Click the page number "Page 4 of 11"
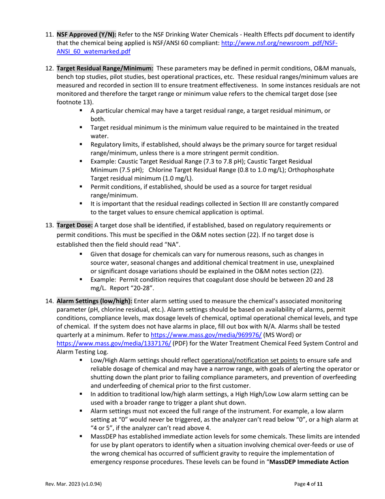[308, 484]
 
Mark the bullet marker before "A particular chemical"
[81, 111]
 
